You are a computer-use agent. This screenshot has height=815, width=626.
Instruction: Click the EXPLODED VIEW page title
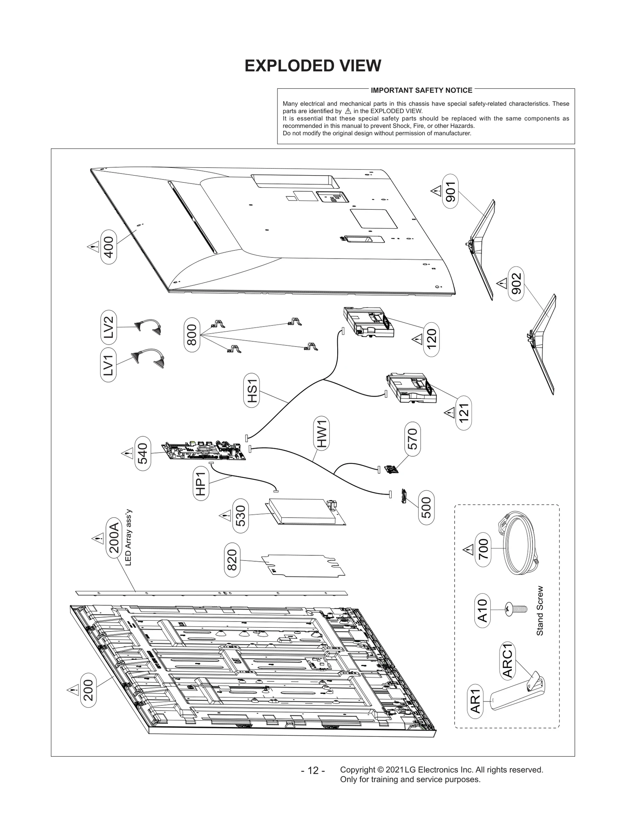pyautogui.click(x=313, y=66)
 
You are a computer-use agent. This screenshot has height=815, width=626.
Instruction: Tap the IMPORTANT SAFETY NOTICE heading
pyautogui.click(x=421, y=90)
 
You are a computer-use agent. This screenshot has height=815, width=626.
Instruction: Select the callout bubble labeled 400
pyautogui.click(x=108, y=247)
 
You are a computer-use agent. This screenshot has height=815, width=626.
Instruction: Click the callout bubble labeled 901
pyautogui.click(x=450, y=192)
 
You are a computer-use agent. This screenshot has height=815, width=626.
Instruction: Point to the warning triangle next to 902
pyautogui.click(x=502, y=283)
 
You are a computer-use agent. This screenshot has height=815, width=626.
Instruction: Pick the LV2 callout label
pyautogui.click(x=108, y=327)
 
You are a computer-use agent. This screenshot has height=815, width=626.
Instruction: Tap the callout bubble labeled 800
pyautogui.click(x=192, y=335)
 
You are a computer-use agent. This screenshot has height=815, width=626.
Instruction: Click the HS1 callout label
pyautogui.click(x=252, y=391)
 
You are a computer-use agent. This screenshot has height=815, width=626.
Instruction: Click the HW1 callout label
pyautogui.click(x=322, y=433)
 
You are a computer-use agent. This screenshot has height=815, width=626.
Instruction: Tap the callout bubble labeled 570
pyautogui.click(x=412, y=439)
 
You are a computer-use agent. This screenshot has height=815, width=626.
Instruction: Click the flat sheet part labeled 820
pyautogui.click(x=302, y=565)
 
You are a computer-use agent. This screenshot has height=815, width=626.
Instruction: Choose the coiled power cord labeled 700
pyautogui.click(x=521, y=544)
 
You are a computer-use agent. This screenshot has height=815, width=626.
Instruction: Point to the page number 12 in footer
pyautogui.click(x=313, y=770)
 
